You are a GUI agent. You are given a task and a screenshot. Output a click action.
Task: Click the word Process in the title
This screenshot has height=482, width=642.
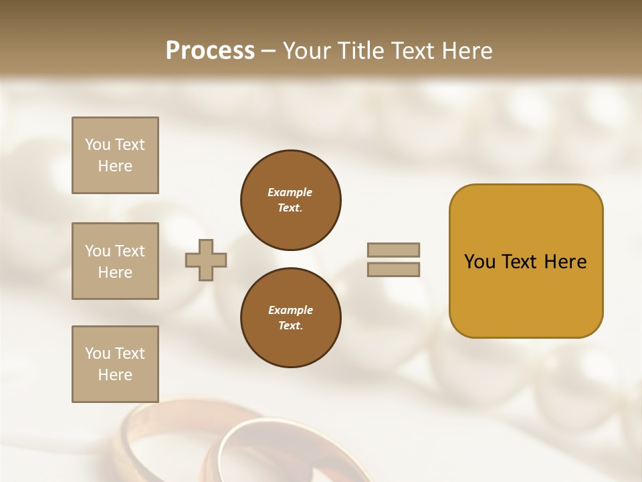[x=210, y=51]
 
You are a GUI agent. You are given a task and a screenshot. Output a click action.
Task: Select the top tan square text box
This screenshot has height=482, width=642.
[x=115, y=155]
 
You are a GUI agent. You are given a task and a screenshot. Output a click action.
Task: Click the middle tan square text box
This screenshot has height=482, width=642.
[x=115, y=261]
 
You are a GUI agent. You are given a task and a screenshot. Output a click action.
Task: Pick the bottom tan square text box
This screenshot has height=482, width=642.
[x=115, y=364]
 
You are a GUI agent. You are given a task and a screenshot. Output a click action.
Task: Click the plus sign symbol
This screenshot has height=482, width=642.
[x=206, y=260]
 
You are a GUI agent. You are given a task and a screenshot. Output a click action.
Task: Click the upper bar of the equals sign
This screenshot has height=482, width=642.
[x=394, y=250]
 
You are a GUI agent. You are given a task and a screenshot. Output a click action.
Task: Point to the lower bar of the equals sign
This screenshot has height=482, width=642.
[x=394, y=269]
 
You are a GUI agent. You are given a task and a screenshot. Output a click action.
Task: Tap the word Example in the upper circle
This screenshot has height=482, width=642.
[x=290, y=192]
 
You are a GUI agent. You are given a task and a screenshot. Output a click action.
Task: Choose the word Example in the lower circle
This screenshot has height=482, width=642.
[x=290, y=310]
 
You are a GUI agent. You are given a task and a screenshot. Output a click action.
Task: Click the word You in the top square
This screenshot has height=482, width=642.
[x=97, y=145]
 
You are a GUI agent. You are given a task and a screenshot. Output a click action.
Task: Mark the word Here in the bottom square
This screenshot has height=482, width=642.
[x=115, y=375]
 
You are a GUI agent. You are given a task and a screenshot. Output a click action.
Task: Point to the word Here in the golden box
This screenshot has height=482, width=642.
[x=565, y=262]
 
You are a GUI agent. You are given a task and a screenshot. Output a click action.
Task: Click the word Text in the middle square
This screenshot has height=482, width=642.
[x=129, y=251]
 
